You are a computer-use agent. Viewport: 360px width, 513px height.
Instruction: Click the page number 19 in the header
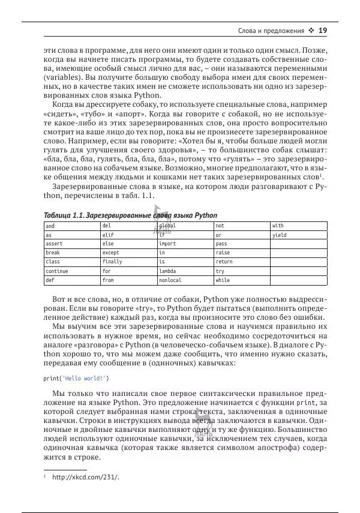pyautogui.click(x=322, y=31)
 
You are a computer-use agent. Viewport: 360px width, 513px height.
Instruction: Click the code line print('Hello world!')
pyautogui.click(x=76, y=379)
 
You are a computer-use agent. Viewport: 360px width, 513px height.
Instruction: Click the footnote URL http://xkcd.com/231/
pyautogui.click(x=86, y=478)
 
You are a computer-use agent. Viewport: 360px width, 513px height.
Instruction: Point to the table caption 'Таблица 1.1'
pyautogui.click(x=64, y=215)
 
